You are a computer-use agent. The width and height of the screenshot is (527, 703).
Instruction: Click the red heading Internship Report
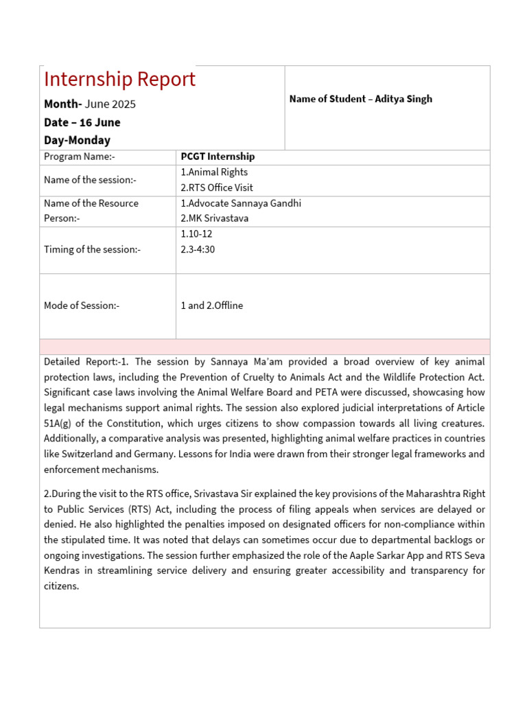119,79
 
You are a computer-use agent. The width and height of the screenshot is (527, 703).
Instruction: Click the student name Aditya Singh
403,99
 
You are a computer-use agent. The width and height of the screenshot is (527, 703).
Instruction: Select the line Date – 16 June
82,122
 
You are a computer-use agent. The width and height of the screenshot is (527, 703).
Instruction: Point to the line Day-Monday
77,140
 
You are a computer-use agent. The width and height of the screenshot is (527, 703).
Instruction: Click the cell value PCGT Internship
218,157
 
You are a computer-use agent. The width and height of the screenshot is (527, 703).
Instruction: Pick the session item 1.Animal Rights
214,172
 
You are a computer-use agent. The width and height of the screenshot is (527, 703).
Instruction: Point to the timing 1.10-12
196,233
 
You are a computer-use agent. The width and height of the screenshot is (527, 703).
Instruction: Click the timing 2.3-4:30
198,249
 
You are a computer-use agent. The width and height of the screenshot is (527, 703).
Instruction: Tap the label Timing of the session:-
92,249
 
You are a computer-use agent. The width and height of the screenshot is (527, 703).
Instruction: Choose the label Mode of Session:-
82,306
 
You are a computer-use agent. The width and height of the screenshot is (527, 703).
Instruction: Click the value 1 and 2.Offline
212,306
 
